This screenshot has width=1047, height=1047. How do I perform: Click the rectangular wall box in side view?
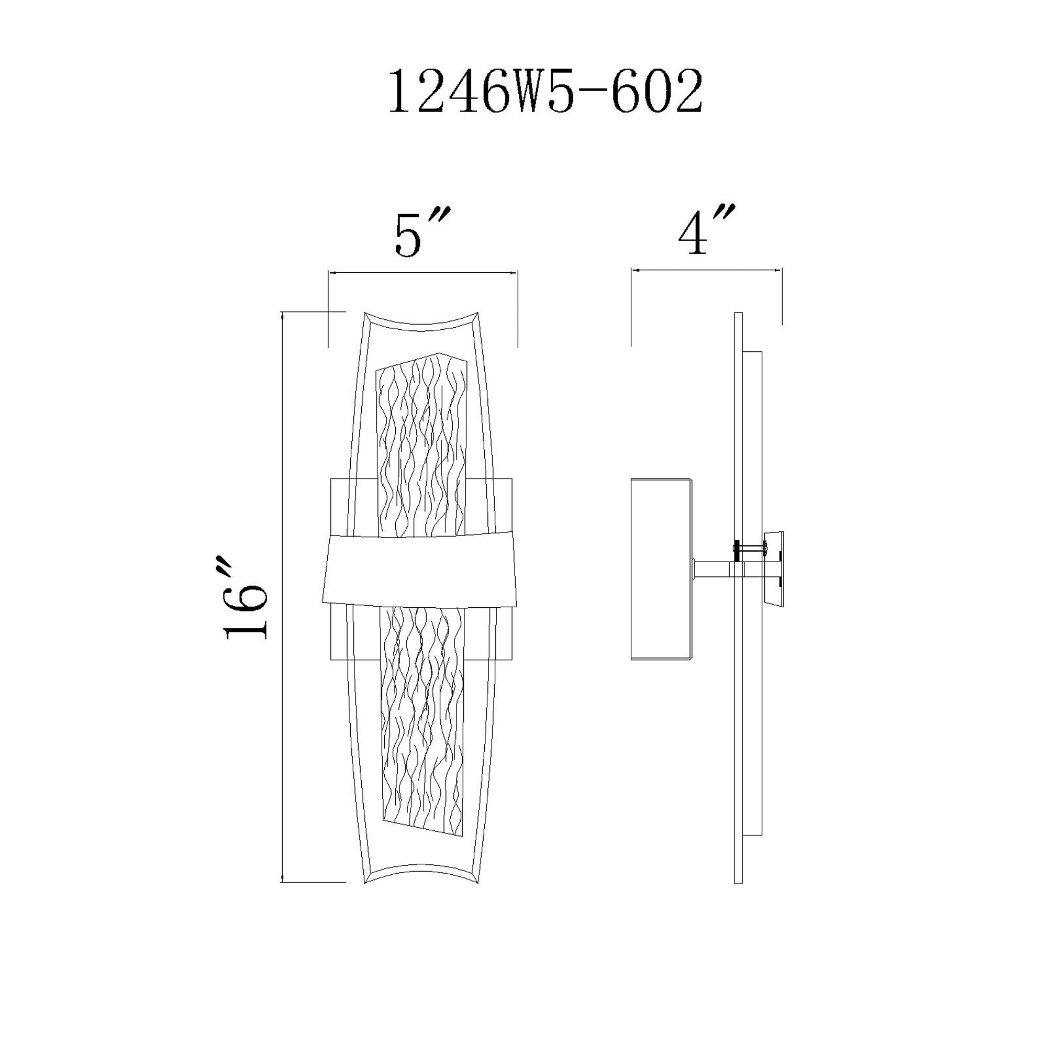click(661, 569)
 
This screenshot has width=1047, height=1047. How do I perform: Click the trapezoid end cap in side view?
click(774, 569)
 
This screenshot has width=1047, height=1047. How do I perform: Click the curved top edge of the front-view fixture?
click(421, 320)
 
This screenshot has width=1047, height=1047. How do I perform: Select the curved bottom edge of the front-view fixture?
click(421, 875)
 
